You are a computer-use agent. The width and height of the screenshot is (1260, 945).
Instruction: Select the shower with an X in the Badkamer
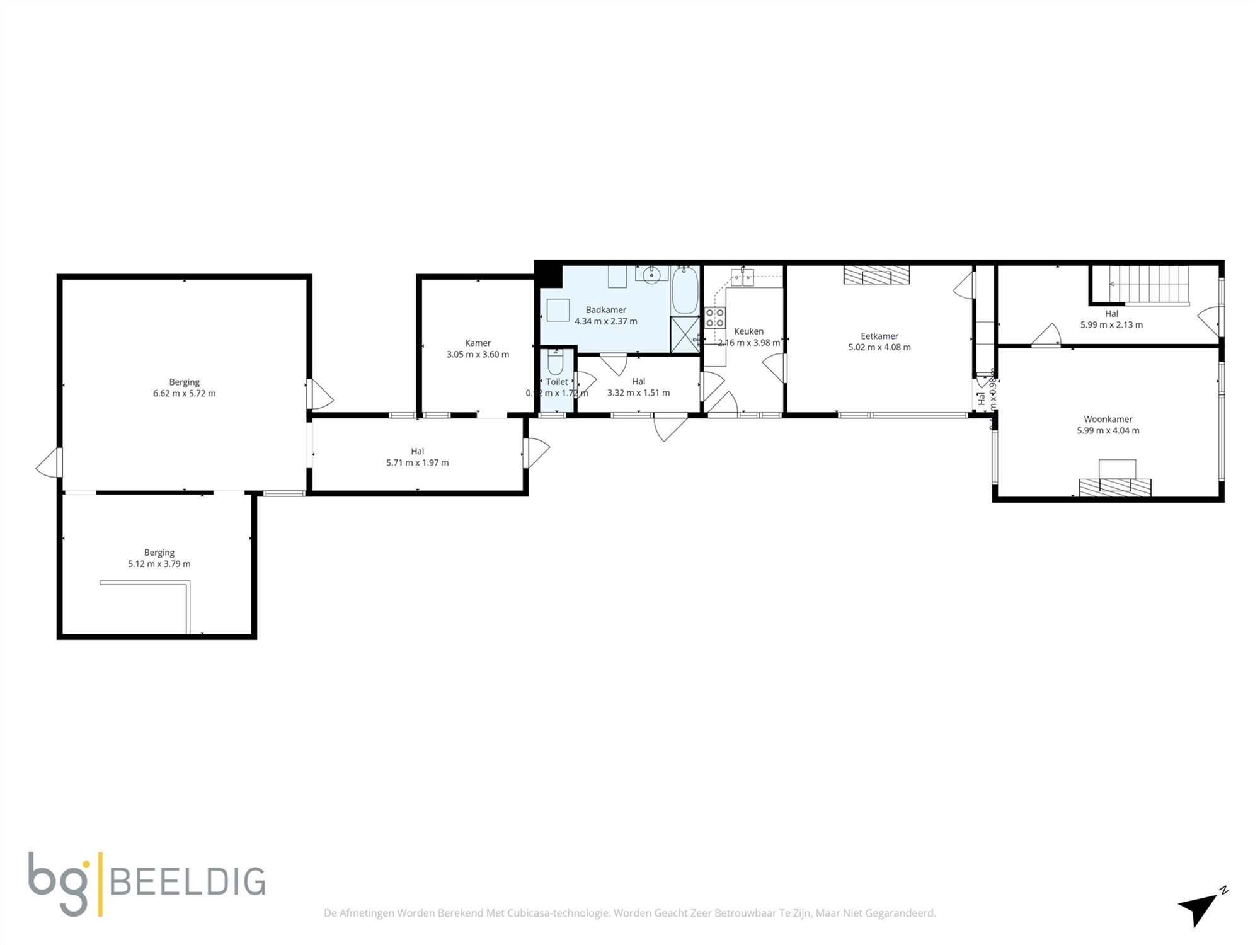(x=685, y=335)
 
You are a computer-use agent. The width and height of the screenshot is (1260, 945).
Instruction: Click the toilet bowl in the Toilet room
(x=555, y=364)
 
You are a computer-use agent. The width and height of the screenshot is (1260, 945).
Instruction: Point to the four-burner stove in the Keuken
(x=714, y=318)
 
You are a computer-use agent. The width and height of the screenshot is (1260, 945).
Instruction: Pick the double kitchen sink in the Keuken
(x=742, y=277)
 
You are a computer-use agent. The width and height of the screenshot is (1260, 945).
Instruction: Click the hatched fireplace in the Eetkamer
(x=877, y=275)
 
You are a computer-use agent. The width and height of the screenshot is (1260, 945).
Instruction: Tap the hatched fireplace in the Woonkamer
(x=1114, y=487)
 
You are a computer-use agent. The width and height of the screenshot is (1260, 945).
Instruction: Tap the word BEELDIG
(x=188, y=882)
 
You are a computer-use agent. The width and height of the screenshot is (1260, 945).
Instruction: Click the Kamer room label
(x=478, y=343)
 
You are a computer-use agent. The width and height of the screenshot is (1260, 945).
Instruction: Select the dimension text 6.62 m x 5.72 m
(x=184, y=393)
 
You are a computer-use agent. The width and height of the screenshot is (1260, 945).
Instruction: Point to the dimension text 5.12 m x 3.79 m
(x=159, y=564)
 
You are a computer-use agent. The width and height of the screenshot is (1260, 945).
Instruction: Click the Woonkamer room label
(x=1108, y=419)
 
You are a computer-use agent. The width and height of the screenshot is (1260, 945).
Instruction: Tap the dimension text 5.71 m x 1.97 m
(x=417, y=462)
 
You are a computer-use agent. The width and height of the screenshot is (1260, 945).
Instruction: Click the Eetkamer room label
(x=879, y=336)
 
